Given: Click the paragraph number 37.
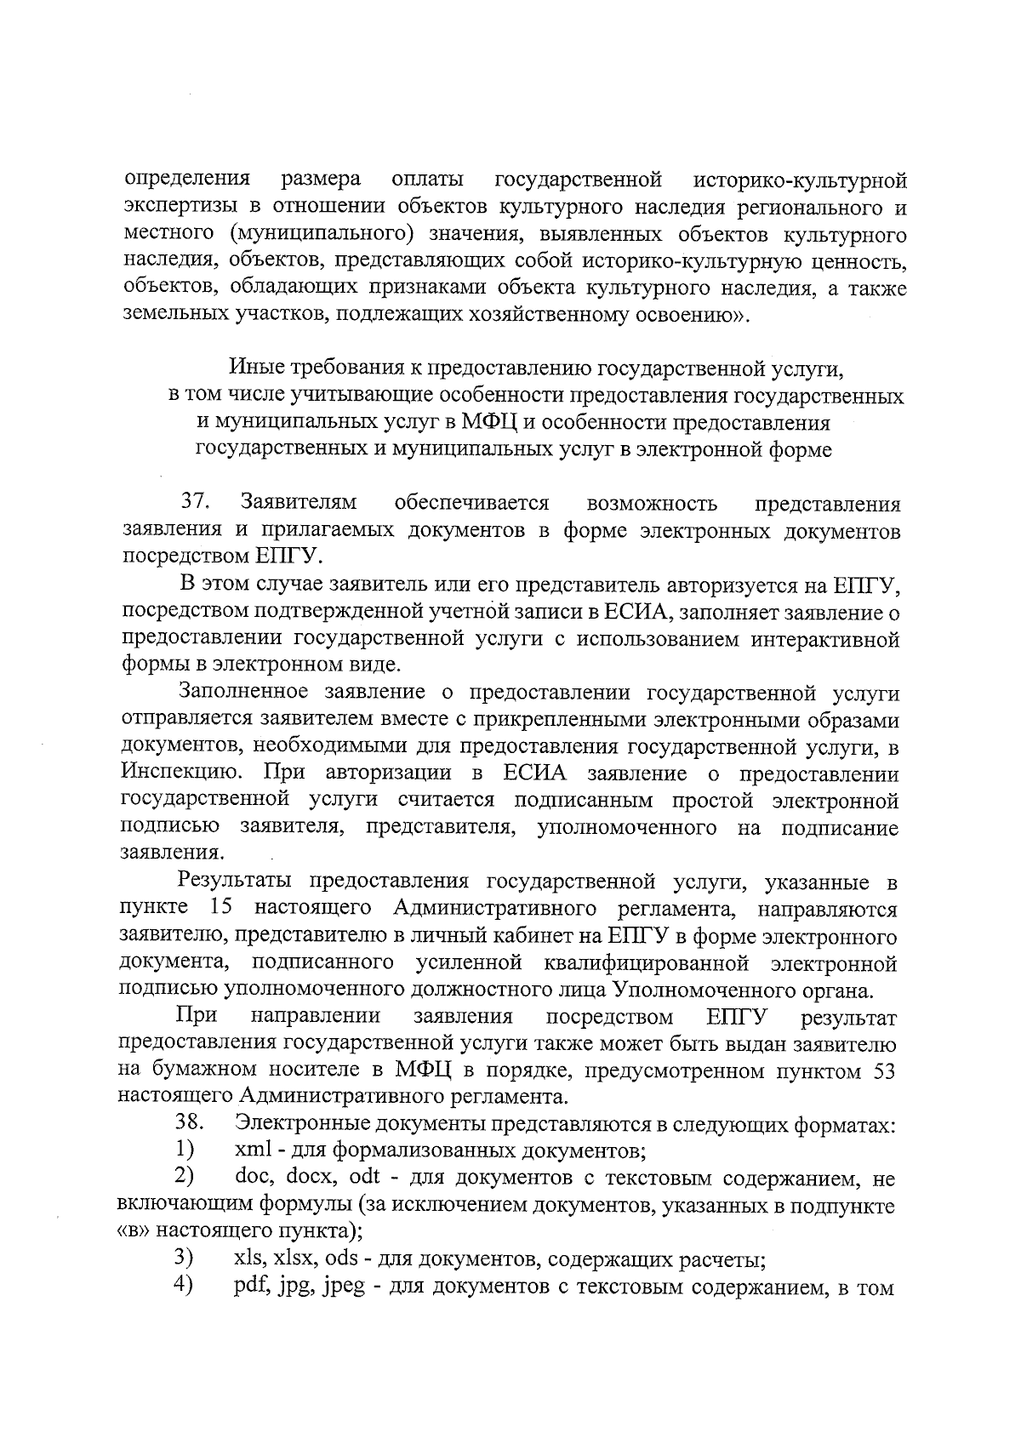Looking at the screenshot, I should [x=197, y=503].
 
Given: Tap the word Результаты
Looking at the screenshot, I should [x=237, y=882].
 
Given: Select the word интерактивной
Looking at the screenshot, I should [x=824, y=638].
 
